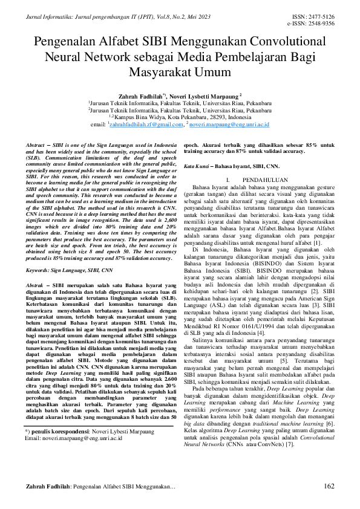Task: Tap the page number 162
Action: pyautogui.click(x=329, y=487)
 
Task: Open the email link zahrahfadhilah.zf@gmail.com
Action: pyautogui.click(x=146, y=124)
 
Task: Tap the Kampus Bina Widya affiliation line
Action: pyautogui.click(x=180, y=117)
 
